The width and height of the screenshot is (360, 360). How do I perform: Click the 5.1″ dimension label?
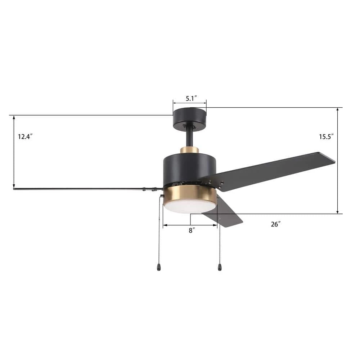click(191, 99)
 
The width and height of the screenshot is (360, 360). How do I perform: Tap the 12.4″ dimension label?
click(25, 136)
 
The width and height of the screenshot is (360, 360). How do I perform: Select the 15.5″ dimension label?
click(326, 136)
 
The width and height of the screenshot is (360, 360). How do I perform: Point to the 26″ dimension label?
click(275, 224)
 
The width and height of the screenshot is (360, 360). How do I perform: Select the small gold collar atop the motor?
click(189, 150)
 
